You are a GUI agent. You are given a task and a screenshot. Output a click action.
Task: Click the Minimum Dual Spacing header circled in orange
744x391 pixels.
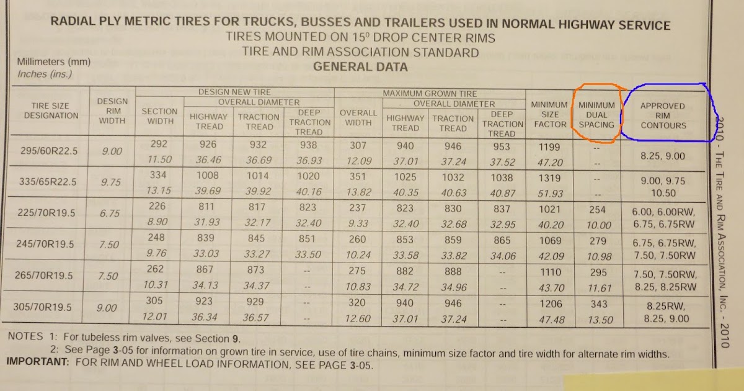pos(596,115)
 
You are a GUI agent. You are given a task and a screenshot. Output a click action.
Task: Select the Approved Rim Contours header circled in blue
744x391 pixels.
pos(663,115)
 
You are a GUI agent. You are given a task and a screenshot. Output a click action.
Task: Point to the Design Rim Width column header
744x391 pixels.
pos(112,110)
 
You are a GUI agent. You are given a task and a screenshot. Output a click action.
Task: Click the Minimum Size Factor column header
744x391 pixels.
pos(549,114)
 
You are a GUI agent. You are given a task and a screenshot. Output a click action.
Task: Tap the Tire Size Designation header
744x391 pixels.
pos(51,110)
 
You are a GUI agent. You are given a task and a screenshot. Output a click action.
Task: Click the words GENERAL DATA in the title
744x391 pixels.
pos(360,67)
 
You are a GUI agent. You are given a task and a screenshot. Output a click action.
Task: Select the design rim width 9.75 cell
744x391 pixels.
pos(109,182)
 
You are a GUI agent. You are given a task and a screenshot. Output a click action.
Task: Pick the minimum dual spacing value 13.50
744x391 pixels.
pos(598,320)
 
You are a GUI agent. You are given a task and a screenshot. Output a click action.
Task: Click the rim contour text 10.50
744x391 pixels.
pos(663,194)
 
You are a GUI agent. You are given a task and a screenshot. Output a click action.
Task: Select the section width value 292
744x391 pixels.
pos(159,145)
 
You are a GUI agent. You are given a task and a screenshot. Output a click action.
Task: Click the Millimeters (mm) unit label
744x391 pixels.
pos(54,62)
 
